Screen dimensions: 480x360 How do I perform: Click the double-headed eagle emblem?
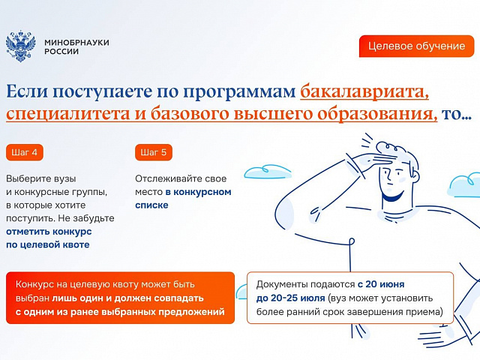click(x=20, y=46)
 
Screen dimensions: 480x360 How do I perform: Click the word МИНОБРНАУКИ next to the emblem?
click(x=76, y=42)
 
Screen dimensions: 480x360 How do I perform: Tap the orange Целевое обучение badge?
click(x=416, y=46)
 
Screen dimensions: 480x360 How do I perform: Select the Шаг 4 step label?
click(x=25, y=152)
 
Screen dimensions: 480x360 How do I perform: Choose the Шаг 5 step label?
click(x=153, y=152)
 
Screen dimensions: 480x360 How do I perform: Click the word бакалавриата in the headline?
click(x=364, y=92)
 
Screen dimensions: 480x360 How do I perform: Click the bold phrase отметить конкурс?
click(x=49, y=232)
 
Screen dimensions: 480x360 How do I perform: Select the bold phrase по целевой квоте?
click(x=48, y=244)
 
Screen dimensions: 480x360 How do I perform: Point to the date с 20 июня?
click(x=381, y=284)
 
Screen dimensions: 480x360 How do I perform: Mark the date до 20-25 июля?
click(x=290, y=298)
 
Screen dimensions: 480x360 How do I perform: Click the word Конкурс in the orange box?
click(x=34, y=284)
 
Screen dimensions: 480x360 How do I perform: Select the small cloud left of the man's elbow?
click(x=267, y=172)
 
